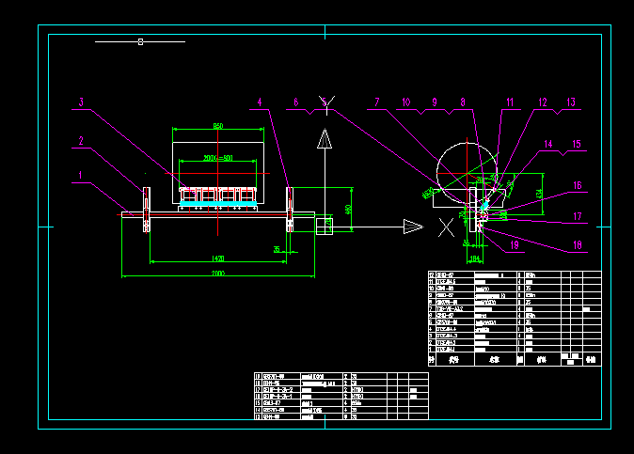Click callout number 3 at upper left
click(x=82, y=102)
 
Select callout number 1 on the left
click(x=82, y=174)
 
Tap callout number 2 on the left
click(x=82, y=141)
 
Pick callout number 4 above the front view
click(x=261, y=102)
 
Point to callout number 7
click(x=376, y=102)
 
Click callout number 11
click(x=510, y=102)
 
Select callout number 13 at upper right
click(x=570, y=102)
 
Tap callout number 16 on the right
click(x=578, y=186)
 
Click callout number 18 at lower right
click(x=578, y=246)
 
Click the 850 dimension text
click(x=217, y=126)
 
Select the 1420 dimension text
click(x=217, y=257)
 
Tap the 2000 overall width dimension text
click(x=217, y=273)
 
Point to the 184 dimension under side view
click(x=474, y=257)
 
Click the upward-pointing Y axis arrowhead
click(x=325, y=141)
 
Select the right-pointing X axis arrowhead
click(x=413, y=225)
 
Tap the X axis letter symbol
click(x=446, y=227)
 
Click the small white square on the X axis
click(x=323, y=225)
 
